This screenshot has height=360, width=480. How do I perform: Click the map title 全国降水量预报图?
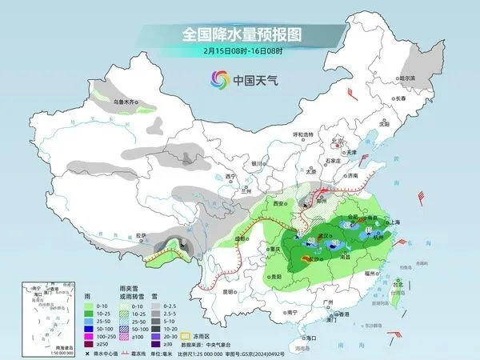[239, 35]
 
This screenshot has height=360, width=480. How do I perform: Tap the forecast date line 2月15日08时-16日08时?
[239, 54]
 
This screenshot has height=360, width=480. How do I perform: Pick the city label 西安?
[278, 205]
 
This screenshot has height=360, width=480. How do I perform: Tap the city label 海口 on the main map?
[311, 338]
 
